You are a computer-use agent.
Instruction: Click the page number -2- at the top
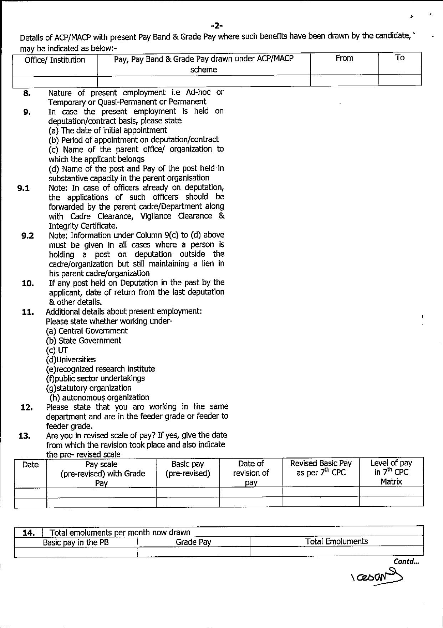point(217,25)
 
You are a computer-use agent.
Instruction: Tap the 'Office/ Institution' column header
point(55,60)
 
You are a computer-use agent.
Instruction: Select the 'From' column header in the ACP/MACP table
point(344,58)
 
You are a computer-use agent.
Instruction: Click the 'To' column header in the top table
point(399,58)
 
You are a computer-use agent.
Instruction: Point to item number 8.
point(27,93)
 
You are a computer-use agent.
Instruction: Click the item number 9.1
point(24,188)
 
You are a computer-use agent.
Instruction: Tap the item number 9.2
point(27,236)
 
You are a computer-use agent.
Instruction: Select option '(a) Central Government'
point(87,331)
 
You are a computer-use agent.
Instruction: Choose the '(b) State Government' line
point(83,341)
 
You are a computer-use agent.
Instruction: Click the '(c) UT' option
point(57,350)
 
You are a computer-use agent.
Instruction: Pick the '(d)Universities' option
point(71,359)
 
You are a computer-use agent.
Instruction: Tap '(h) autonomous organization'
point(99,398)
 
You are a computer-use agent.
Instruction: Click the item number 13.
point(24,436)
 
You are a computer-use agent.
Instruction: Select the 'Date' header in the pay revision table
point(30,465)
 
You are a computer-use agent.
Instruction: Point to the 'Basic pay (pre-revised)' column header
point(188,469)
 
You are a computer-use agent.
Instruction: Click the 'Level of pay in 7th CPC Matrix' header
point(391,472)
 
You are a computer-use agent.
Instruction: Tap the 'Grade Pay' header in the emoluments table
point(193,542)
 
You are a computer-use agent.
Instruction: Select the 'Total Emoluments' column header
point(336,542)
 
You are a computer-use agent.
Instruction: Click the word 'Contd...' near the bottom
point(406,561)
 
